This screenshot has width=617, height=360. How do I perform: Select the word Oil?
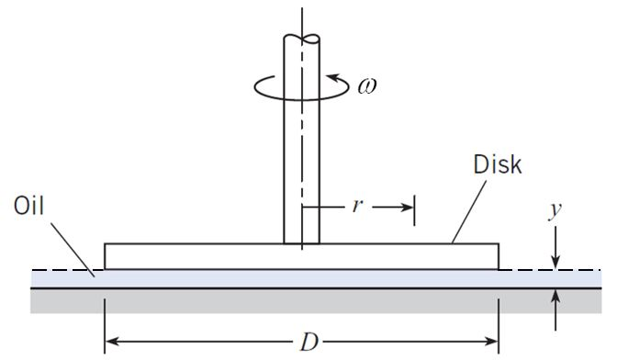pyautogui.click(x=29, y=206)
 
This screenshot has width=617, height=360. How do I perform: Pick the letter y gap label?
pyautogui.click(x=555, y=212)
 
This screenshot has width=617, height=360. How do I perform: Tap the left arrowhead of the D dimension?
pyautogui.click(x=114, y=343)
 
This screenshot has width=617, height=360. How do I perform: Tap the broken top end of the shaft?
pyautogui.click(x=301, y=39)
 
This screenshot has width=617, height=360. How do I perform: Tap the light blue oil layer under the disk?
pyautogui.click(x=275, y=278)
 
